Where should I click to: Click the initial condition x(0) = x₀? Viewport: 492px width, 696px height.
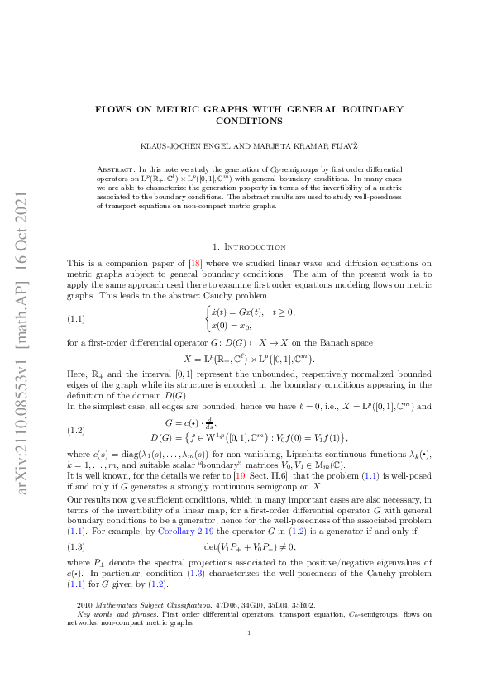click(x=234, y=325)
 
